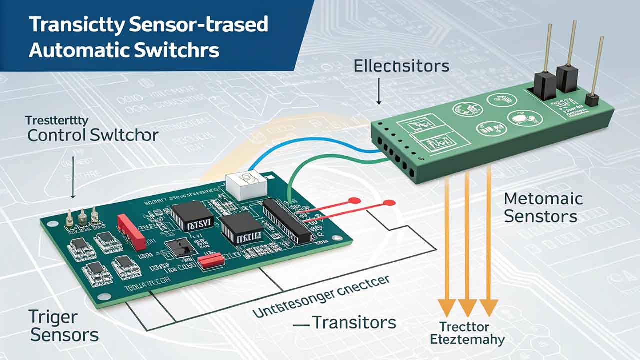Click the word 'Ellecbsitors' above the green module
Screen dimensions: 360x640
pyautogui.click(x=401, y=66)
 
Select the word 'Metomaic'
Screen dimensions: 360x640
pyautogui.click(x=543, y=199)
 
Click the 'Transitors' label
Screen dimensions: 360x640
pyautogui.click(x=354, y=322)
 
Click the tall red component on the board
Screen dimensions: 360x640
pyautogui.click(x=131, y=231)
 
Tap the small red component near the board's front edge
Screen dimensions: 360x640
pyautogui.click(x=210, y=260)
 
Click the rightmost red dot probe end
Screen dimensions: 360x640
pyautogui.click(x=386, y=203)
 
